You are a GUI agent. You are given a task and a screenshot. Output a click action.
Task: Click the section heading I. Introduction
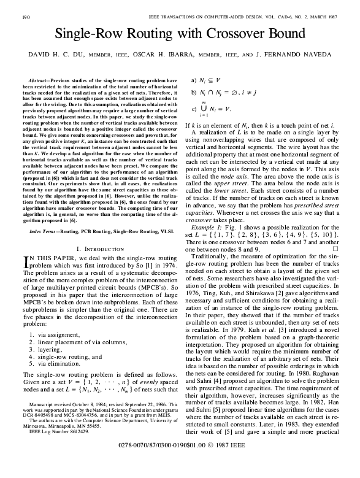[101, 248]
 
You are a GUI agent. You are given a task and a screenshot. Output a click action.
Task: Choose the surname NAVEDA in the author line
[314, 55]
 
